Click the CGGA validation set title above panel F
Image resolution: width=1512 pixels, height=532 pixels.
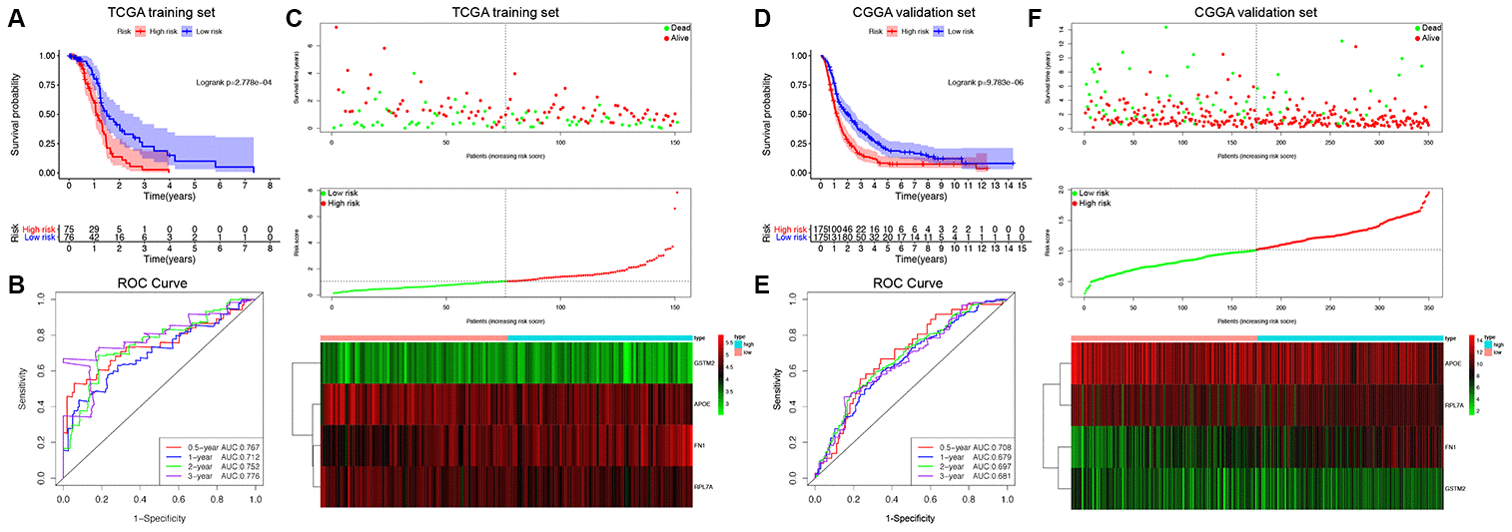point(1256,13)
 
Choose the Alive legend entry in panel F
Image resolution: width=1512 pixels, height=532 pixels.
point(1428,37)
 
